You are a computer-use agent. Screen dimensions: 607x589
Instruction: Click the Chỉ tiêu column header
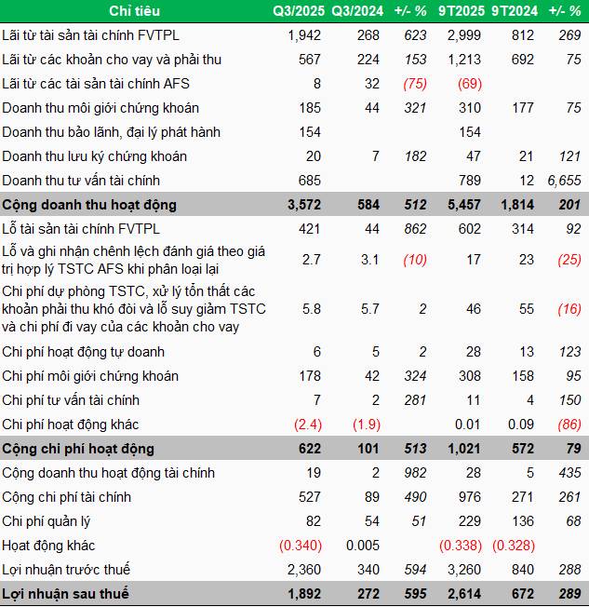pos(133,11)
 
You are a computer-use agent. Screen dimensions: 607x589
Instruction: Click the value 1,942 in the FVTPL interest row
pos(304,35)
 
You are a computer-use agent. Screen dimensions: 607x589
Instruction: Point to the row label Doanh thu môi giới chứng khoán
pos(100,108)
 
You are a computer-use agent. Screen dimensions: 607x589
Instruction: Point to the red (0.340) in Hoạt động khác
pos(298,546)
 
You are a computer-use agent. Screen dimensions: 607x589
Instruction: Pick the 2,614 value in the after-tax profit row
pos(465,594)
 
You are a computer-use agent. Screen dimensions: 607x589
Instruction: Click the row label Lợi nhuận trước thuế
pos(66,570)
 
